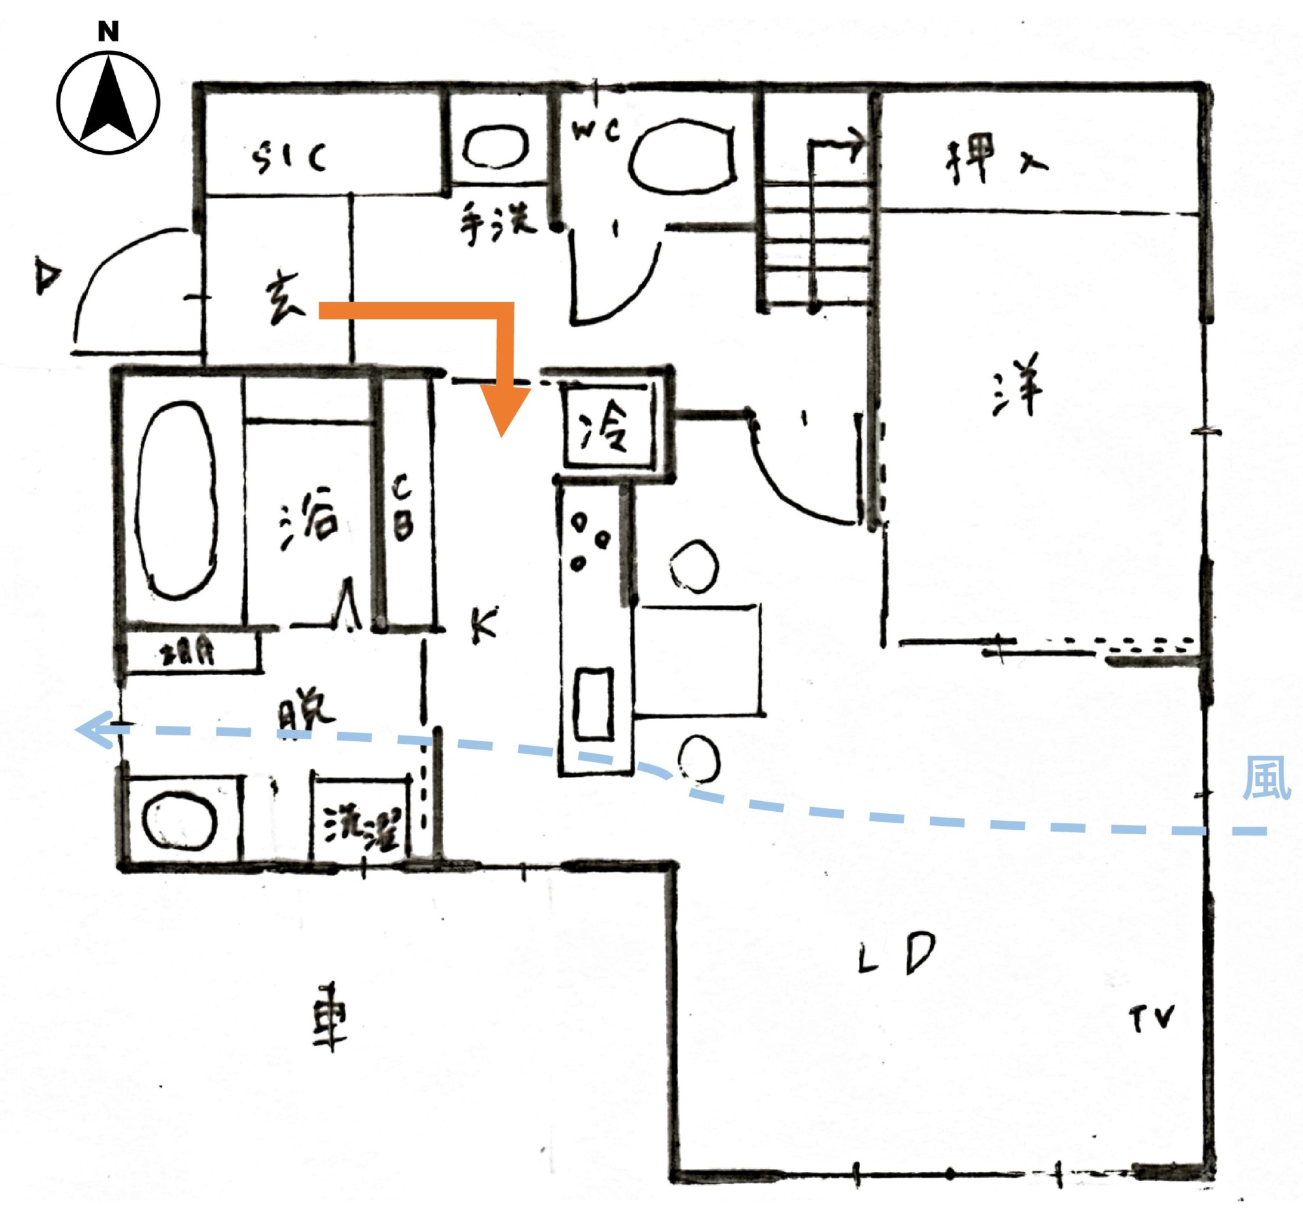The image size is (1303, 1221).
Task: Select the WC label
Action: coord(595,130)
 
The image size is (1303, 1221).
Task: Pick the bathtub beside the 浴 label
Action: coord(176,499)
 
